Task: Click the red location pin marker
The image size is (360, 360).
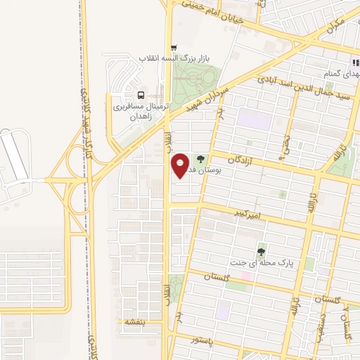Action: point(180,165)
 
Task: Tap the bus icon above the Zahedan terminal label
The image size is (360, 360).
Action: point(140,95)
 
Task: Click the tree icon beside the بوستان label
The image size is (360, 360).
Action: point(202,160)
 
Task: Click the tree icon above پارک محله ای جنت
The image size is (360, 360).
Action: point(262,251)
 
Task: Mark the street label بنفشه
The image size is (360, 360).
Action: point(134,321)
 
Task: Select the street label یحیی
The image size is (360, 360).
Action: point(284,144)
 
